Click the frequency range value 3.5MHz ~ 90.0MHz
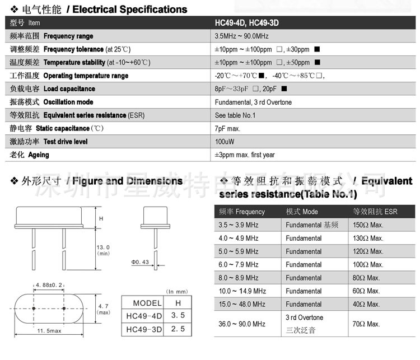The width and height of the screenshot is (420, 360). point(242,36)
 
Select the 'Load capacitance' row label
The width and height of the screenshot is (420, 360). point(69,88)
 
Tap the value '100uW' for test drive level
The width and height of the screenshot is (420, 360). point(225,142)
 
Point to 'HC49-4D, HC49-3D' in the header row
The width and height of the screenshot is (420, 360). point(248,23)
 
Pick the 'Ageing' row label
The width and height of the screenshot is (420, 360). point(39,155)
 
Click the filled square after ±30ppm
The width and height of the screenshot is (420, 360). point(317,49)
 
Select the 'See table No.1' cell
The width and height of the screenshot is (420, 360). point(235,115)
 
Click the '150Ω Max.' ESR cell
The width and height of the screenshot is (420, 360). point(368,225)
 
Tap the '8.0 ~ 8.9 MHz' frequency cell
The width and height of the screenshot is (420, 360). point(239,278)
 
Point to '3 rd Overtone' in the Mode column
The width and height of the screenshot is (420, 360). point(304,317)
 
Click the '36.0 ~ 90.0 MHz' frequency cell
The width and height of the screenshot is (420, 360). point(242,324)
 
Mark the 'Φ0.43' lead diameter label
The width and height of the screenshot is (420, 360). point(141,262)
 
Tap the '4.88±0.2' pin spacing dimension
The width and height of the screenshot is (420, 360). point(50,285)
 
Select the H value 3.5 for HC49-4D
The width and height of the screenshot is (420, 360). point(178,316)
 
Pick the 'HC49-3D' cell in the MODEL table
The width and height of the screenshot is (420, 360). point(143,329)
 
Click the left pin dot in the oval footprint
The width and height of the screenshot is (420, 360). point(34,308)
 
